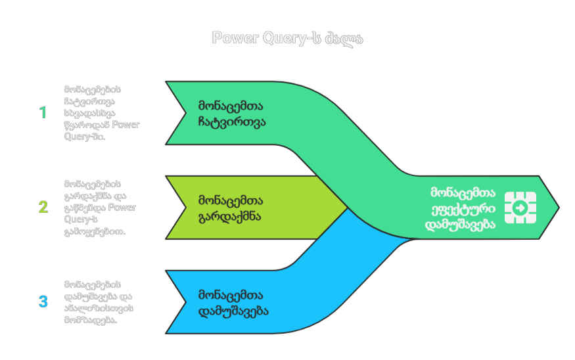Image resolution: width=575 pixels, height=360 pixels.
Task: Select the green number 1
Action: click(43, 112)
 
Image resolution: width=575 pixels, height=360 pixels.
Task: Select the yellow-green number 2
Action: click(43, 207)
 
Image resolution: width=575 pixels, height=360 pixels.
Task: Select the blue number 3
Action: click(43, 302)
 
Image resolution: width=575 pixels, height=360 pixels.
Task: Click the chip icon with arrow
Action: click(520, 208)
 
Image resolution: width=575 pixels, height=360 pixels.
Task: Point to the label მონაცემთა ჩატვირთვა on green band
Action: click(232, 113)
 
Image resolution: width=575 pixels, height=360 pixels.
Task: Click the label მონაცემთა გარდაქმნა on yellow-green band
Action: click(231, 208)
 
